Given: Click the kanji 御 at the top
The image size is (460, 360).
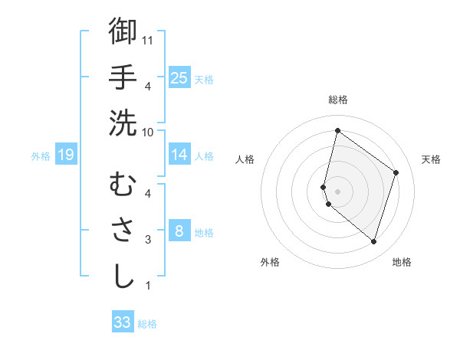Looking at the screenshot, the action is tap(123, 31).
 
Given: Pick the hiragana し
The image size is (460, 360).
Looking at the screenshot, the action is tap(123, 277).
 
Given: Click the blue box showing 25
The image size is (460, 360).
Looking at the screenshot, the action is tap(179, 77).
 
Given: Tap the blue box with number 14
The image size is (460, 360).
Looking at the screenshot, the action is tap(179, 155).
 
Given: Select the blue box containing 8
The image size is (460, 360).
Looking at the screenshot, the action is tap(179, 231).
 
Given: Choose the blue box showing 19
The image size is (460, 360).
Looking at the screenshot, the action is tap(65, 155).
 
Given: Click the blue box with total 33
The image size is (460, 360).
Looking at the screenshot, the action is tap(123, 322).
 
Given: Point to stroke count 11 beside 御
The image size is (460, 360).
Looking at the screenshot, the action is tap(149, 39).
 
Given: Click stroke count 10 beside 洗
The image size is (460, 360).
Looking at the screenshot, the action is tap(149, 132).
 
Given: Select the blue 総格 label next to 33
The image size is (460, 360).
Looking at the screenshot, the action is tap(147, 324).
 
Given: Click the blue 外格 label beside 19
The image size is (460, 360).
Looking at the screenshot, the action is tap(41, 156).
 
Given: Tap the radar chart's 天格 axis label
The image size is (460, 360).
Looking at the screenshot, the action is tap(431, 159).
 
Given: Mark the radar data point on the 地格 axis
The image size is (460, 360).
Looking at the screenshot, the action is tap(373, 242).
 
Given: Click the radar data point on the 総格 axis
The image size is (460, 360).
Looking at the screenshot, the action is tap(337, 130).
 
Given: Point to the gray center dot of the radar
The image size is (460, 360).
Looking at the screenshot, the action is tap(337, 191).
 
